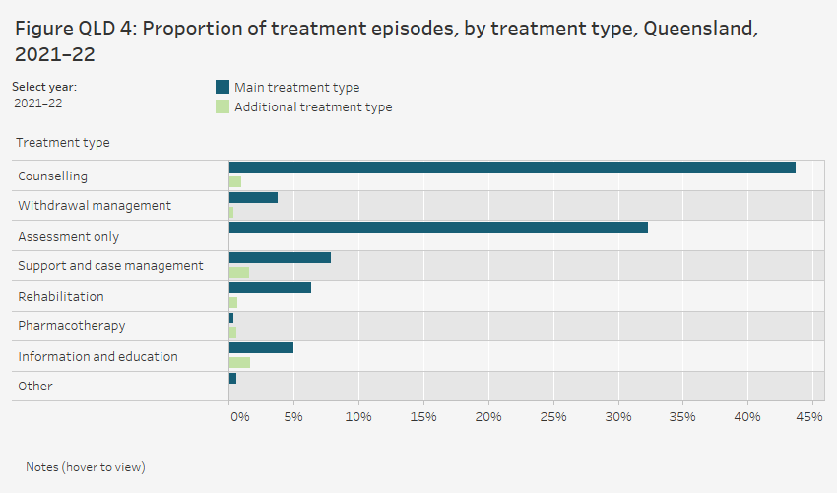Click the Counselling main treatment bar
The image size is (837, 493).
pyautogui.click(x=512, y=168)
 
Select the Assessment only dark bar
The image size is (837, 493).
pyautogui.click(x=438, y=227)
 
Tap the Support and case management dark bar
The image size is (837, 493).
pyautogui.click(x=280, y=257)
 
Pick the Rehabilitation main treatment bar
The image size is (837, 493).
pyautogui.click(x=270, y=287)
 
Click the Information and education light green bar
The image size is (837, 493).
pyautogui.click(x=239, y=362)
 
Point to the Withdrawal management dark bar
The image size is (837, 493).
pyautogui.click(x=253, y=197)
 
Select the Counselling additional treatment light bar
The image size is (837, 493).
pyautogui.click(x=235, y=181)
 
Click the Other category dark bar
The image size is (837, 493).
pyautogui.click(x=232, y=378)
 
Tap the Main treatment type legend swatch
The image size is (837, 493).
pyautogui.click(x=222, y=87)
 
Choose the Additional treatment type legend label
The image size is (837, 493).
pyautogui.click(x=312, y=106)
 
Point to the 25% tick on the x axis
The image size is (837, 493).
pyautogui.click(x=553, y=417)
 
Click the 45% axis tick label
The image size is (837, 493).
pyautogui.click(x=809, y=417)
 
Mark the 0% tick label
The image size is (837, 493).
pyautogui.click(x=239, y=417)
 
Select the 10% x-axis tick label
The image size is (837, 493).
pyautogui.click(x=358, y=417)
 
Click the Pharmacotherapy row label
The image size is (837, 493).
pyautogui.click(x=72, y=325)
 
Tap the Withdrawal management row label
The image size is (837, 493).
pyautogui.click(x=95, y=205)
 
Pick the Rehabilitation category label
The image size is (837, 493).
pyautogui.click(x=61, y=296)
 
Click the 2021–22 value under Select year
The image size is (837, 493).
pyautogui.click(x=38, y=103)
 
